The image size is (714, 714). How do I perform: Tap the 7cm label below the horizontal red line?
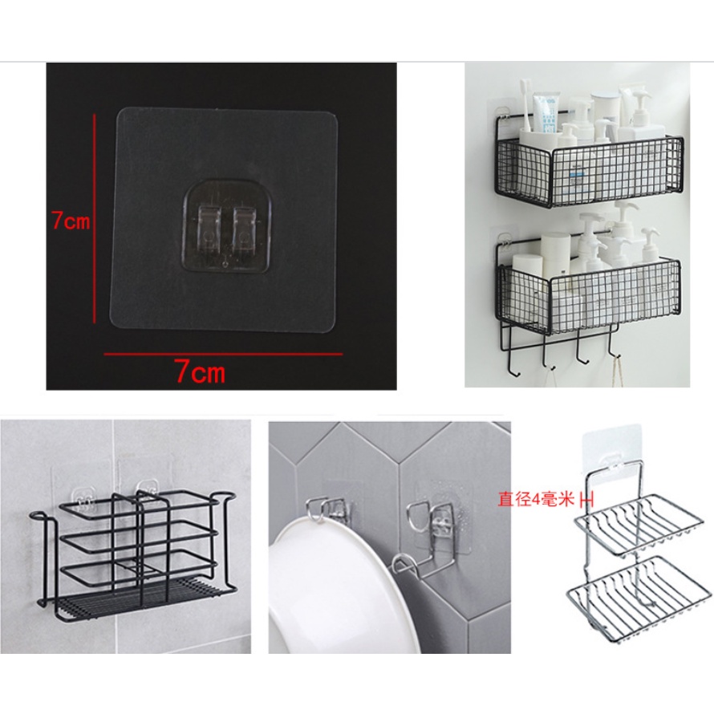201,371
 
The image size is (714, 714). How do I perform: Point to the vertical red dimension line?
95,218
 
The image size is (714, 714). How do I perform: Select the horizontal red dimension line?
223,353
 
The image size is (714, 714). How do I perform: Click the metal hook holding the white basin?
319,508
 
